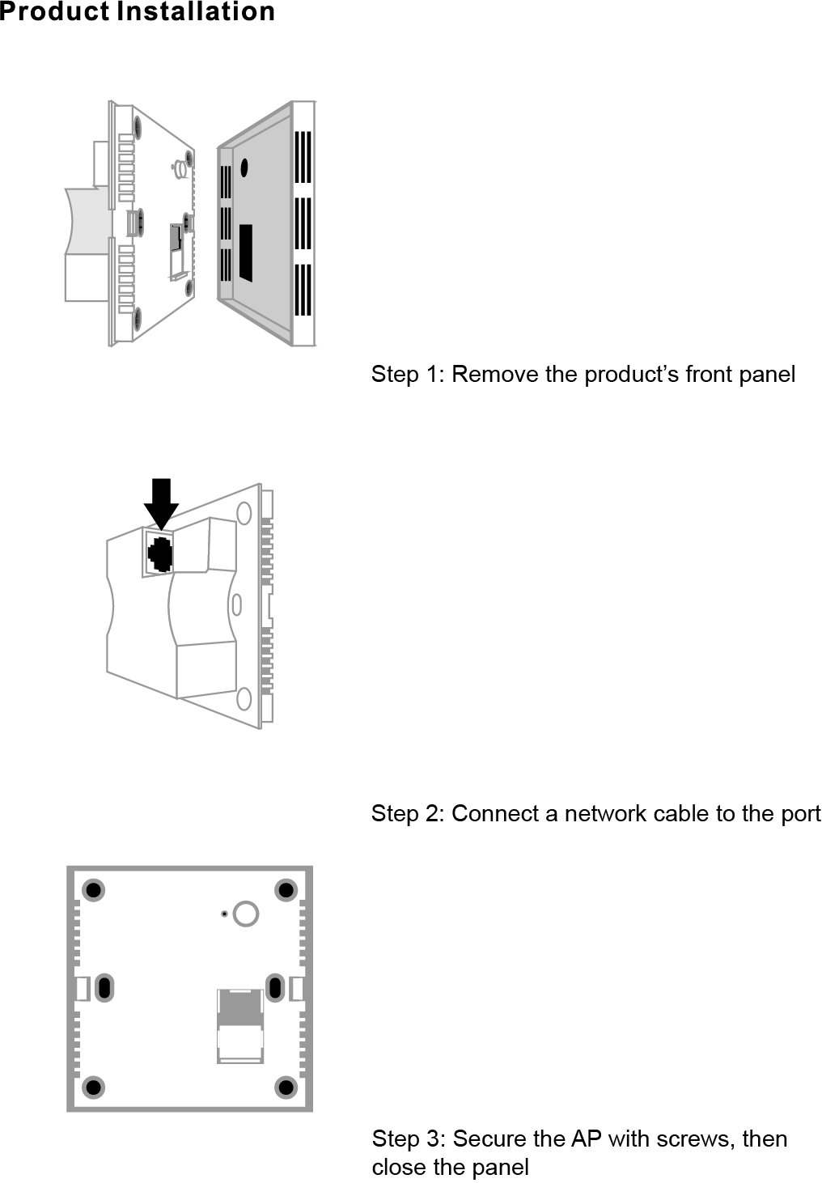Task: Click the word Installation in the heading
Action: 195,11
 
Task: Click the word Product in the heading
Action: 55,11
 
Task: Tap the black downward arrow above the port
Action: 161,503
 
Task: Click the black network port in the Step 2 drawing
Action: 160,554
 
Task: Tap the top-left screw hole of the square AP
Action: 93,890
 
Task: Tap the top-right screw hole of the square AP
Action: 286,890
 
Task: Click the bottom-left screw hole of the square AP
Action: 93,1088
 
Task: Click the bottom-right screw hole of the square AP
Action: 286,1088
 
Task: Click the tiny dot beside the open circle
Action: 224,914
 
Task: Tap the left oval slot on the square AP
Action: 104,988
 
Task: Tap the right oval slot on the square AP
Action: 274,988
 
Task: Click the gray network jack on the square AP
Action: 240,1027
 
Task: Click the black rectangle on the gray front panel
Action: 245,253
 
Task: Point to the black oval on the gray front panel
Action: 244,167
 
